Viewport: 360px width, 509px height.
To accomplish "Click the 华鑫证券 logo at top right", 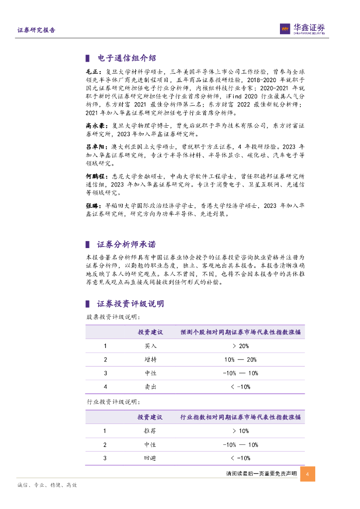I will tap(302, 29).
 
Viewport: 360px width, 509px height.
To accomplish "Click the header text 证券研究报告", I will tap(36, 30).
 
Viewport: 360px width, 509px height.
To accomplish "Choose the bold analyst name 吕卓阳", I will tap(93, 148).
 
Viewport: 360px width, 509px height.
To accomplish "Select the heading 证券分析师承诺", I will tap(126, 244).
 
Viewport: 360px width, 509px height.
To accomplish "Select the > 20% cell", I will tap(240, 346).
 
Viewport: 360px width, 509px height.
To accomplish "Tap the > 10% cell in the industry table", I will tap(240, 431).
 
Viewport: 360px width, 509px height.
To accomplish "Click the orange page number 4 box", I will tap(308, 474).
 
